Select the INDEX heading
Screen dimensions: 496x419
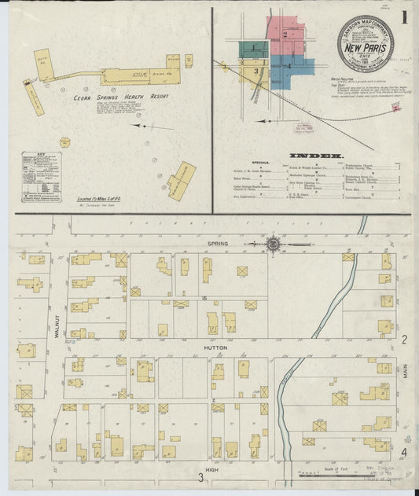click(317, 156)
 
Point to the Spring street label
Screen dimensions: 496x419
click(218, 244)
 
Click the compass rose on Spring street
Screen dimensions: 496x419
click(272, 244)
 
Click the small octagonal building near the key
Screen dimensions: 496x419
click(64, 142)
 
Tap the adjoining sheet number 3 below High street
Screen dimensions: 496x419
click(200, 477)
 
